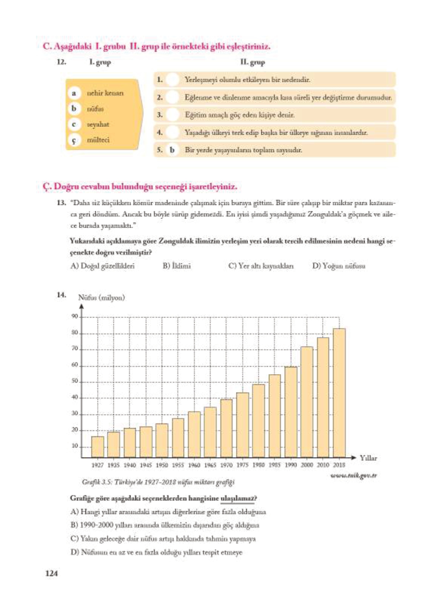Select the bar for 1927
(97, 447)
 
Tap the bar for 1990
(291, 412)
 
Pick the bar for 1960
(194, 434)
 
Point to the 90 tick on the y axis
(75, 316)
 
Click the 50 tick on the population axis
(75, 381)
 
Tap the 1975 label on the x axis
(242, 465)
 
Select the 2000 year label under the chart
(307, 465)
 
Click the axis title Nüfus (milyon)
(101, 297)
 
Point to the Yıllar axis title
(368, 458)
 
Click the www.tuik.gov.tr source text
(354, 475)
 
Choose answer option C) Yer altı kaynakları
(261, 266)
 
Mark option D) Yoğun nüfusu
(339, 266)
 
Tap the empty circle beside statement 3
(172, 115)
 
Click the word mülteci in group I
(98, 140)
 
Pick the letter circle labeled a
(74, 93)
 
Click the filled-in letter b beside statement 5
(172, 150)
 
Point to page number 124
(52, 573)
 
